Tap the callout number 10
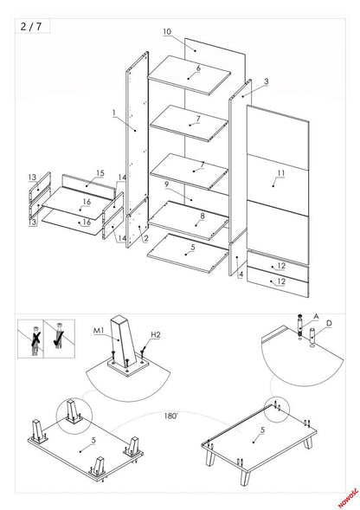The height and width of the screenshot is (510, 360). (166, 32)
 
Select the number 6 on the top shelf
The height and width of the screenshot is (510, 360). (198, 68)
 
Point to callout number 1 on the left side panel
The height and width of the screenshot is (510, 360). (113, 112)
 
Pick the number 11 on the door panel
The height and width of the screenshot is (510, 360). (280, 174)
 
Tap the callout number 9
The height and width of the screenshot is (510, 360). (165, 184)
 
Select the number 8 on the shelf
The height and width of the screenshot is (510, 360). (202, 216)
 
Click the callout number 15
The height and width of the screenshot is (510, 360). (100, 172)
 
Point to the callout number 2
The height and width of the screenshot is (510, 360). (146, 238)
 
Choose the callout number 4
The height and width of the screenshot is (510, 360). (241, 274)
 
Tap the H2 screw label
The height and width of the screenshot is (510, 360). (155, 334)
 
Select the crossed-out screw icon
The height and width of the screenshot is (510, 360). (32, 338)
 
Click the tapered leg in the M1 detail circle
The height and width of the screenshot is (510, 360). (124, 333)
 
